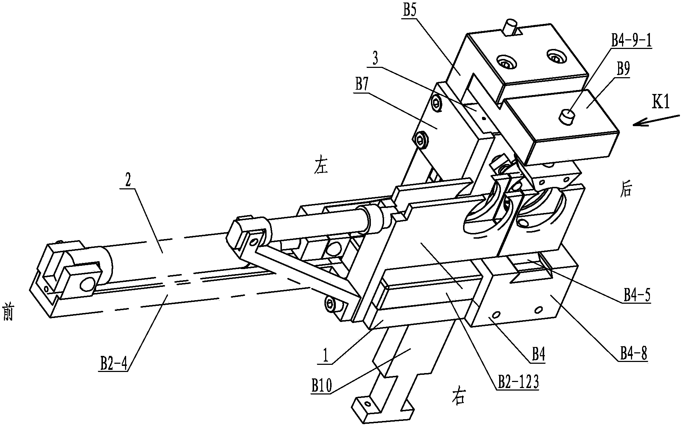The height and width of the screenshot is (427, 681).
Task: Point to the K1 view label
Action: click(661, 103)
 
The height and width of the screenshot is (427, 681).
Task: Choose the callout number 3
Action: click(375, 59)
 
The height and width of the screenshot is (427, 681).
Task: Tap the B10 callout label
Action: click(322, 386)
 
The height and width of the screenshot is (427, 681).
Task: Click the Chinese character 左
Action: click(320, 167)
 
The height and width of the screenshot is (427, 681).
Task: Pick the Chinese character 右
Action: click(458, 397)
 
